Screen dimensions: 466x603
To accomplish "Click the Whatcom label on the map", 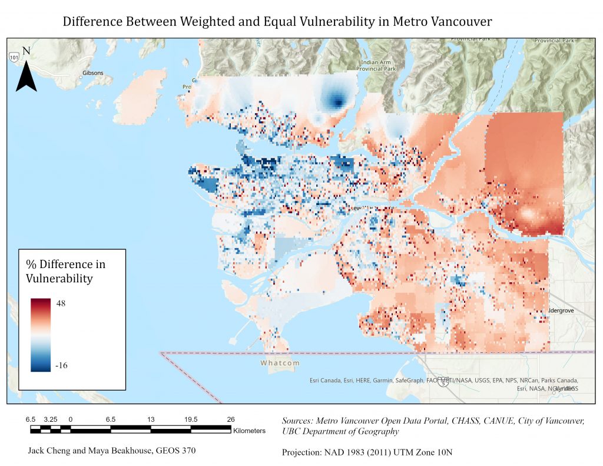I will click(x=280, y=363).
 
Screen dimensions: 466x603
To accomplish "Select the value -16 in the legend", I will click(x=61, y=365).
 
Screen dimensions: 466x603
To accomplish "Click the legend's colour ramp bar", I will click(x=41, y=334).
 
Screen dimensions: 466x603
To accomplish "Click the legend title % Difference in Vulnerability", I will click(x=65, y=270).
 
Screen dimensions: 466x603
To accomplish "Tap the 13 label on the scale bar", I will click(x=151, y=419).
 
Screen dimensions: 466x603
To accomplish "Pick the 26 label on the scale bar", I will click(x=231, y=419).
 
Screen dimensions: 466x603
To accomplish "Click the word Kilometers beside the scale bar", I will click(x=249, y=431).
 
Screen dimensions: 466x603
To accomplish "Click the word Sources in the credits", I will click(x=298, y=421).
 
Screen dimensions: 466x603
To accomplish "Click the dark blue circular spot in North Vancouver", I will click(x=338, y=103).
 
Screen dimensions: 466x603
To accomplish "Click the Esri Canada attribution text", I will click(x=327, y=381).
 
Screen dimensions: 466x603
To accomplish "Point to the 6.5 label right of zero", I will click(x=111, y=419).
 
